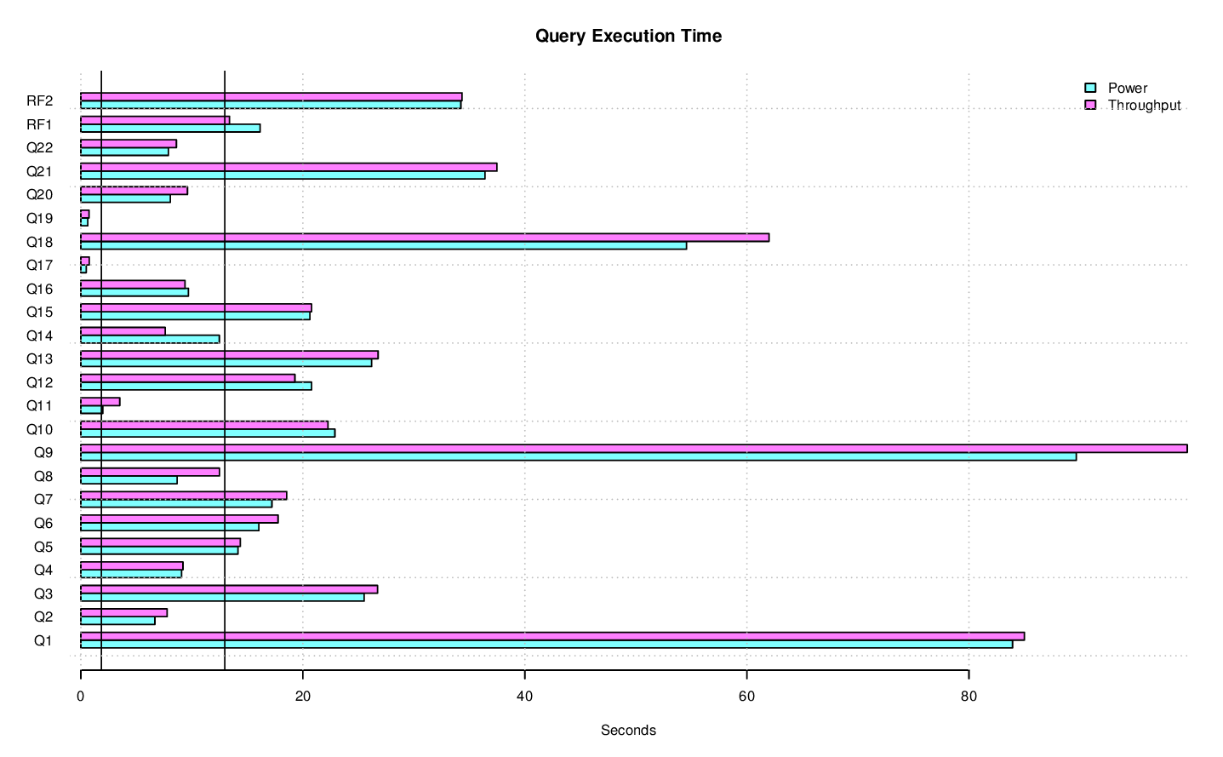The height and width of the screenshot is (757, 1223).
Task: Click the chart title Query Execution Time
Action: coord(628,36)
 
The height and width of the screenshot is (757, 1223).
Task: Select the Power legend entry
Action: coord(1127,88)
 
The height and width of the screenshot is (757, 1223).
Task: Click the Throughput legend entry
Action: coord(1144,105)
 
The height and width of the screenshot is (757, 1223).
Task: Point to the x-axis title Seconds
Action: coord(628,730)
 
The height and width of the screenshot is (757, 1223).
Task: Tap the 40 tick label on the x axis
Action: coord(524,696)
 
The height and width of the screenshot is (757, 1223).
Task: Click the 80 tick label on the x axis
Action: coord(969,696)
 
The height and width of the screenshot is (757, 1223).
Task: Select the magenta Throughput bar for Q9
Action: coord(633,449)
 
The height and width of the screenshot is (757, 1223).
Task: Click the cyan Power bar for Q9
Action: coord(578,456)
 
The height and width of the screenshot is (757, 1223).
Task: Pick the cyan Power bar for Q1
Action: coord(546,644)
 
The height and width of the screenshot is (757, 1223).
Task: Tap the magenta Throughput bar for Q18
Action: coord(425,238)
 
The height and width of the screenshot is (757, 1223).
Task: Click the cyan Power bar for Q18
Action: coord(383,245)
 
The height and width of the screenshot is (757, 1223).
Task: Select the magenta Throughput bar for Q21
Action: coord(289,167)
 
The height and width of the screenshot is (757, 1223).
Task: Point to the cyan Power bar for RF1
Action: coord(170,129)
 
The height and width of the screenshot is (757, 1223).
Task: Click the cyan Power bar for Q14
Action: coord(150,339)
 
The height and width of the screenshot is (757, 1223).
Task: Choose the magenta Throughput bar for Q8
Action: coord(150,472)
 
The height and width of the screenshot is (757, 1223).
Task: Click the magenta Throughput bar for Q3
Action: coord(229,589)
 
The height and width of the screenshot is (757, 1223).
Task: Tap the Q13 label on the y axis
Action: coord(40,358)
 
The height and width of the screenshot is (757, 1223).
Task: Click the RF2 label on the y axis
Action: coord(40,100)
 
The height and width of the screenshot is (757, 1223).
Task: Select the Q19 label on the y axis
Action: coord(40,218)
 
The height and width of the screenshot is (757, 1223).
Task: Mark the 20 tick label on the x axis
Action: coord(302,696)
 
